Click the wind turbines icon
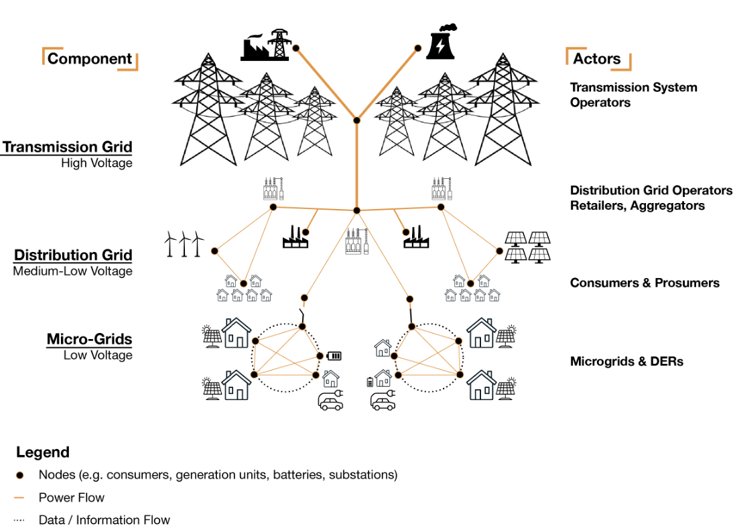coord(184,244)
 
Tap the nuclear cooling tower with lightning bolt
coord(440,44)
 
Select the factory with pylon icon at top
coord(265,46)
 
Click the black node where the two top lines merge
coord(356,121)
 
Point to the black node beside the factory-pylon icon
coord(295,48)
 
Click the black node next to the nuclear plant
coord(418,48)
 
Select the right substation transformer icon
coord(441,189)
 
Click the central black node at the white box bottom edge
coord(356,210)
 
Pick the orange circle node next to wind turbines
coord(214,251)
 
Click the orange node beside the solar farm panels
coord(499,251)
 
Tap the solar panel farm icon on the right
coord(528,246)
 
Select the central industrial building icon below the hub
coord(356,241)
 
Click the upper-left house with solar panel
coord(236,333)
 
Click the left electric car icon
coord(330,401)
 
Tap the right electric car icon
coord(383,401)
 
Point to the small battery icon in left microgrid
coord(334,356)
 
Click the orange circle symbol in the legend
coord(19,475)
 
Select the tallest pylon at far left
coord(208,111)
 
